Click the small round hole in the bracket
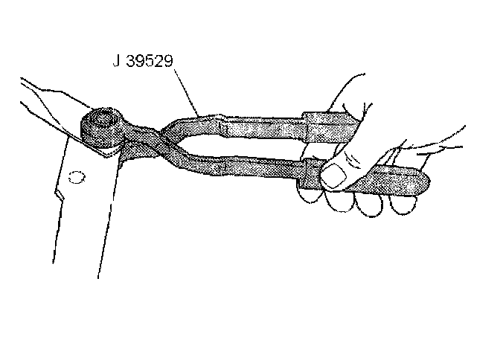tap(74, 179)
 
